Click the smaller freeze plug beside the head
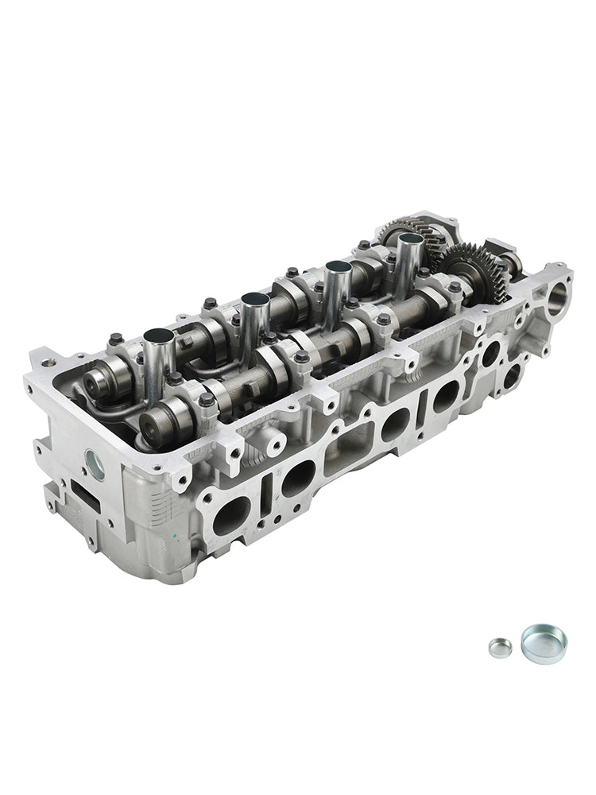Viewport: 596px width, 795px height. click(x=499, y=647)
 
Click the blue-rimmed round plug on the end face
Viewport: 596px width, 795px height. click(x=94, y=465)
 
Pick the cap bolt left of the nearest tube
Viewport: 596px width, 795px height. click(x=116, y=339)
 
